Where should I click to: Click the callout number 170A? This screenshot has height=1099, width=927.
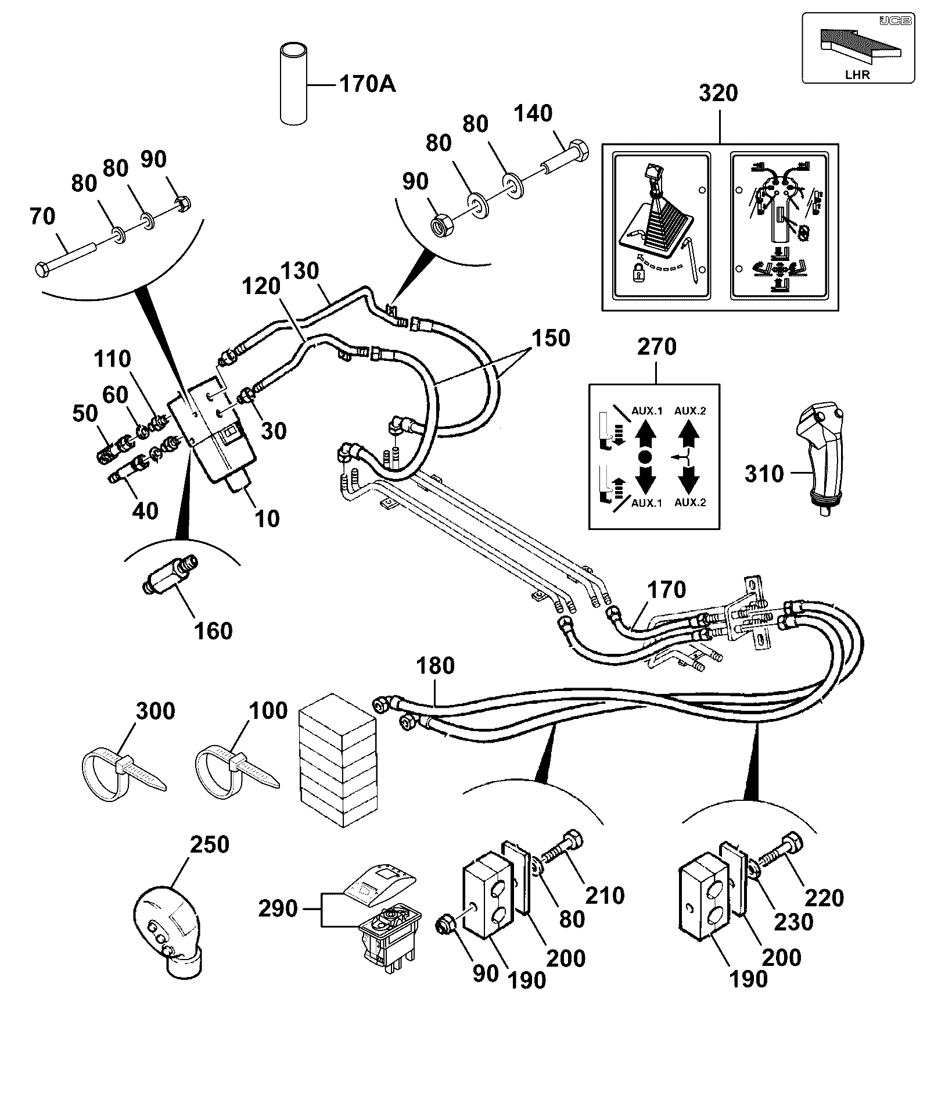pyautogui.click(x=367, y=84)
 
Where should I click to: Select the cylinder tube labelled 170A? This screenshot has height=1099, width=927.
pyautogui.click(x=294, y=82)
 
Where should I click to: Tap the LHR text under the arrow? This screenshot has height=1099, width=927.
pyautogui.click(x=857, y=74)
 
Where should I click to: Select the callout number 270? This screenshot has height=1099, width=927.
pyautogui.click(x=657, y=347)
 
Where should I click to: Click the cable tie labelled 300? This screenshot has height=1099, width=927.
pyautogui.click(x=123, y=771)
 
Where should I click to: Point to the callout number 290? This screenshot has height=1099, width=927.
pyautogui.click(x=278, y=908)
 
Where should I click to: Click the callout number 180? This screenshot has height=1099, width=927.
pyautogui.click(x=436, y=665)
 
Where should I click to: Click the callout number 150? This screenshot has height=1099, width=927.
pyautogui.click(x=551, y=338)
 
